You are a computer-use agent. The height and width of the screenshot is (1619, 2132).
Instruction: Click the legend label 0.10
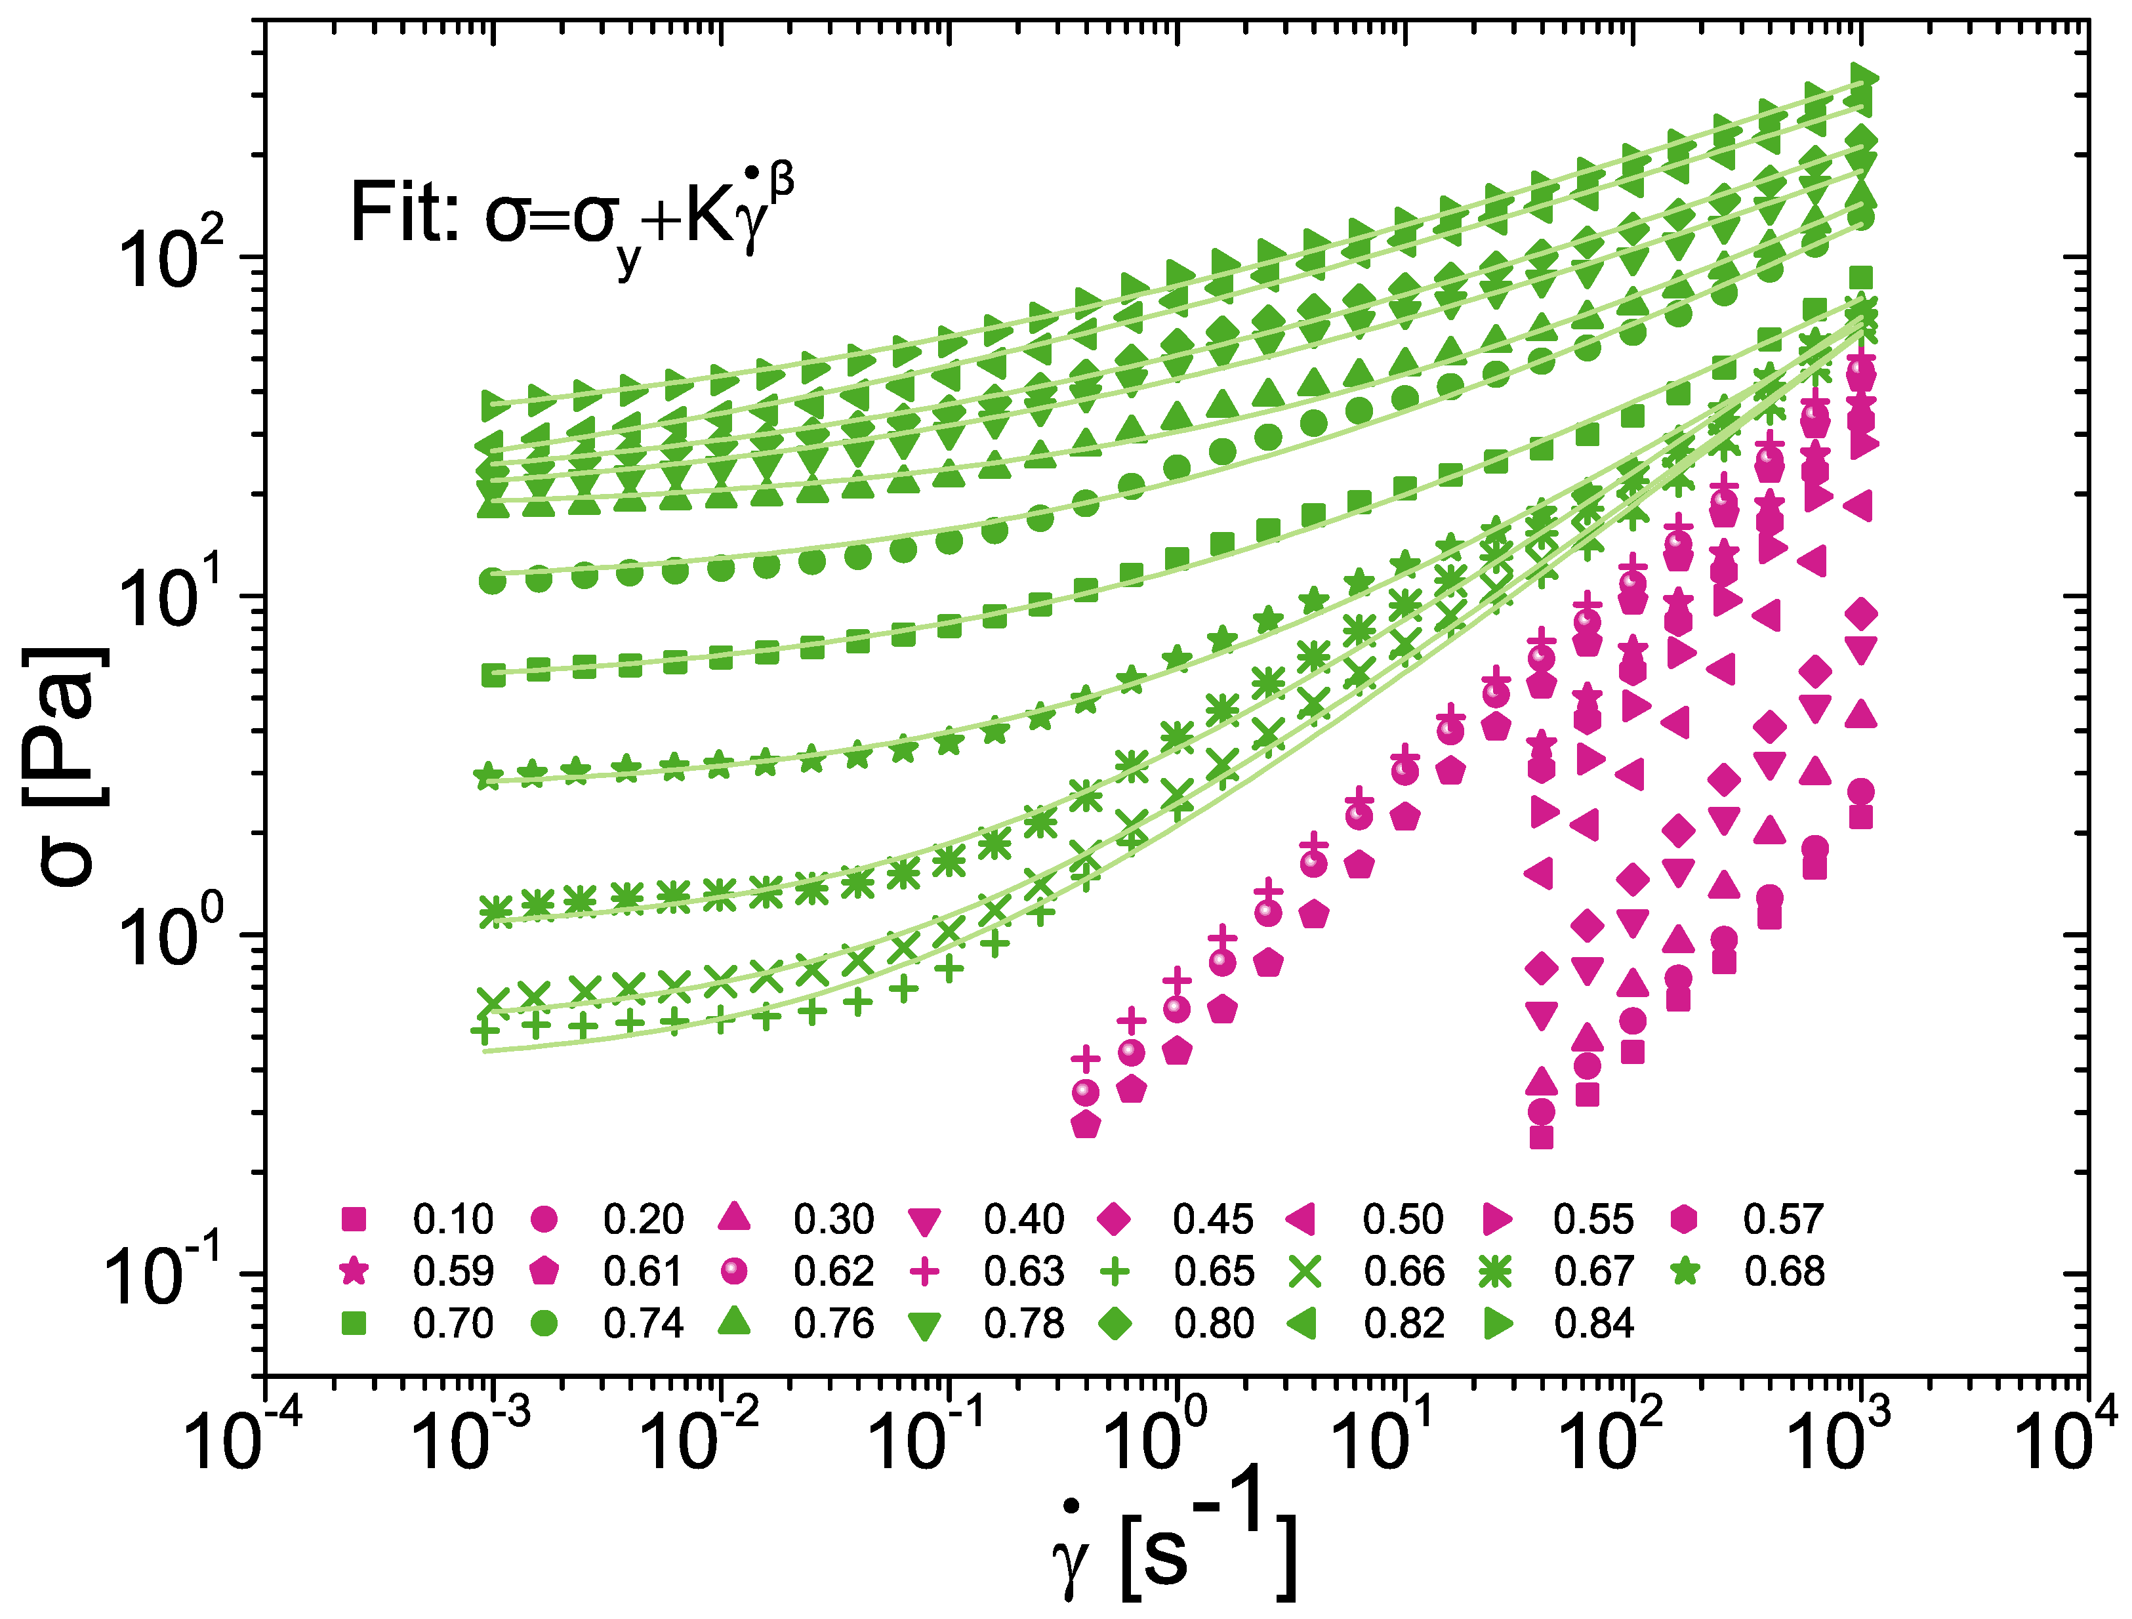coord(453,1220)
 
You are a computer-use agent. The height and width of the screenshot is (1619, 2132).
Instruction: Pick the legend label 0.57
coord(1783,1220)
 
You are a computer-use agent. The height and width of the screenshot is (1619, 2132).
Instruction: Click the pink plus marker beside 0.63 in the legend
coord(924,1272)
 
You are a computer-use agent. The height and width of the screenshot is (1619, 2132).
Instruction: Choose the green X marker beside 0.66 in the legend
coord(1304,1272)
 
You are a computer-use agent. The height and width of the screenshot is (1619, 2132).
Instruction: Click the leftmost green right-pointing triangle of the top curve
coord(497,405)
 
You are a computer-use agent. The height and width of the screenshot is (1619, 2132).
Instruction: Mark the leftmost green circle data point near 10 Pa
coord(493,581)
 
